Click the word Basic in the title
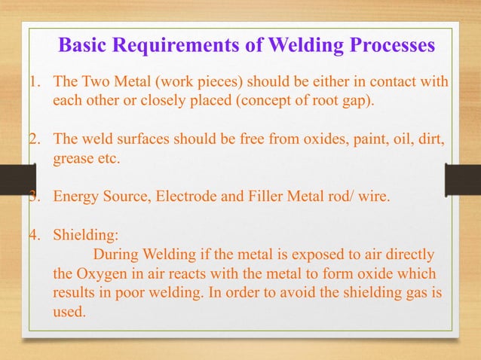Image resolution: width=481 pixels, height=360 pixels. [83, 46]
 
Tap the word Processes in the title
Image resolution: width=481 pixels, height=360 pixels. [388, 46]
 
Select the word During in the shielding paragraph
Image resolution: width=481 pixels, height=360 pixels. [114, 253]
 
